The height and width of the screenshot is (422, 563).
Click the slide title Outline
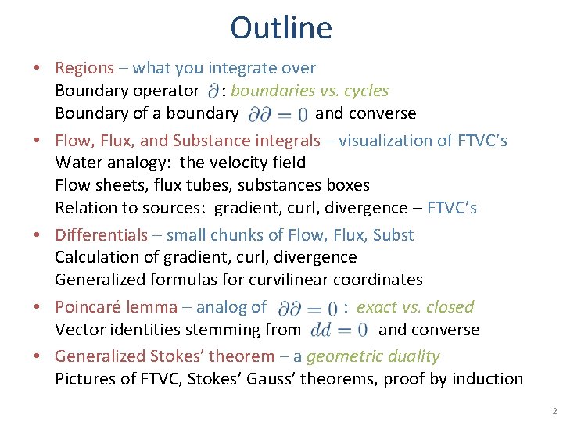pyautogui.click(x=281, y=28)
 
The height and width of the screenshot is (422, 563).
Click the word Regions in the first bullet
pyautogui.click(x=84, y=68)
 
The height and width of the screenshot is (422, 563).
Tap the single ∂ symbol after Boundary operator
pyautogui.click(x=213, y=91)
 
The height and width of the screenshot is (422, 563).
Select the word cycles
pyautogui.click(x=364, y=91)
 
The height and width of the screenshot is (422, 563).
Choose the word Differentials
pyautogui.click(x=101, y=235)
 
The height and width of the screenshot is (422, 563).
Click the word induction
pyautogui.click(x=489, y=379)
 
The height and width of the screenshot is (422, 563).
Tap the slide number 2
pyautogui.click(x=554, y=411)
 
